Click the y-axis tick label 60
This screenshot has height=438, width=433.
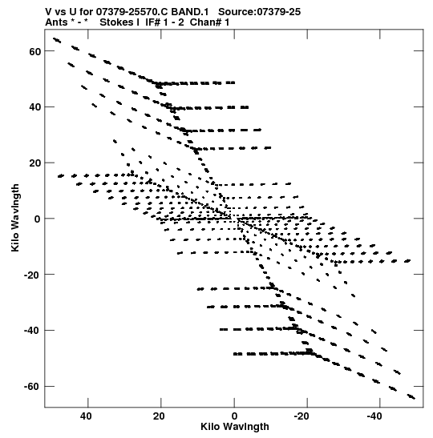click(x=35, y=51)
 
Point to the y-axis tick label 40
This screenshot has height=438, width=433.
click(x=35, y=107)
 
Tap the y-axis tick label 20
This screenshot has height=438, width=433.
click(x=35, y=163)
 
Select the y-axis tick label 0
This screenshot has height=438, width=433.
click(x=38, y=219)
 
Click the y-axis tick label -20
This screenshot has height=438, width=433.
click(x=32, y=275)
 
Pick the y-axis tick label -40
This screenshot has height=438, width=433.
click(x=32, y=331)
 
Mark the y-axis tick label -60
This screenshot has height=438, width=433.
click(x=32, y=387)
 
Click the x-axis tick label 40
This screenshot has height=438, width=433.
click(x=86, y=416)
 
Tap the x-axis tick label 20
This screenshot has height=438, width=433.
click(x=159, y=416)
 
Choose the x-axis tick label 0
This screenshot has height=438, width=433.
click(x=234, y=416)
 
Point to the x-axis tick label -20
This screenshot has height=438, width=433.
click(x=301, y=416)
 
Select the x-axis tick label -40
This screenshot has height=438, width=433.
click(x=374, y=416)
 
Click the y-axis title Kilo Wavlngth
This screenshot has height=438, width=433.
click(x=15, y=218)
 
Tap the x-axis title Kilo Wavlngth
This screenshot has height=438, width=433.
click(x=235, y=427)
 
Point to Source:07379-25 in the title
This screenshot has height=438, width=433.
click(x=259, y=12)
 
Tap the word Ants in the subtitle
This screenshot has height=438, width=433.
click(x=56, y=22)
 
